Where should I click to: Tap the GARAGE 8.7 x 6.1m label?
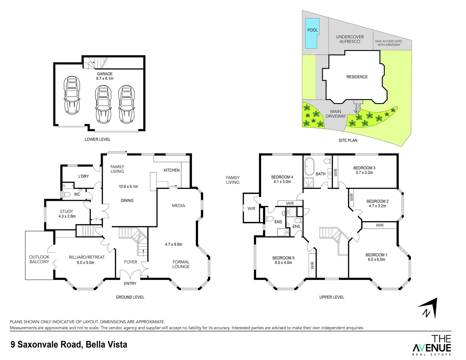(105, 76)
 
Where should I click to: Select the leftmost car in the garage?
(72, 95)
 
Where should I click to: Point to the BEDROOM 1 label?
(376, 255)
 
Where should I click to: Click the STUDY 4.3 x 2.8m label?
(67, 214)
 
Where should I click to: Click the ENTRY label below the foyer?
(130, 283)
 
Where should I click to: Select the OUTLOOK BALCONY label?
(39, 259)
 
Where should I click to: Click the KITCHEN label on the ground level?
(171, 170)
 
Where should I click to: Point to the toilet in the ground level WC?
(66, 194)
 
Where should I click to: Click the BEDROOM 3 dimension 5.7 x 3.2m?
(364, 173)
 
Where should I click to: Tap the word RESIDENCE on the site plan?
(357, 77)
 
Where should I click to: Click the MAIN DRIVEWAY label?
(335, 114)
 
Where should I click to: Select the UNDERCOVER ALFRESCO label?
(350, 39)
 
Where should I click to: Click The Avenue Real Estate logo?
(432, 345)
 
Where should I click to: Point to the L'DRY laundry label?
(83, 176)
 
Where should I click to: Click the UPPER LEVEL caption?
(331, 297)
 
